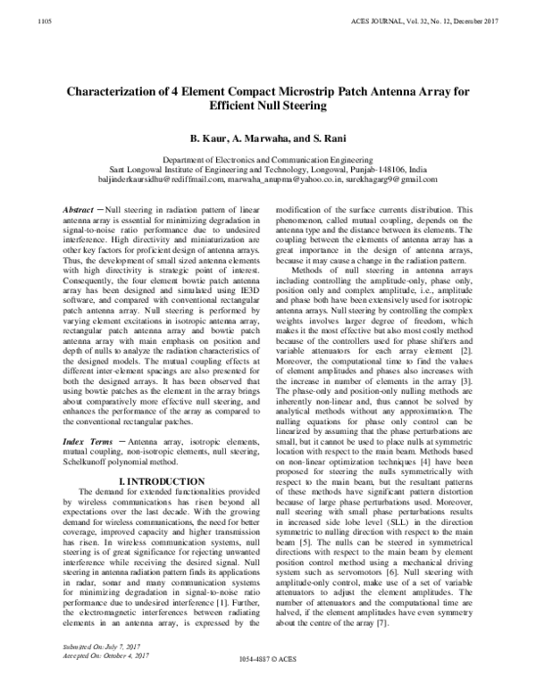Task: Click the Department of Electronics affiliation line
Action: point(267,159)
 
